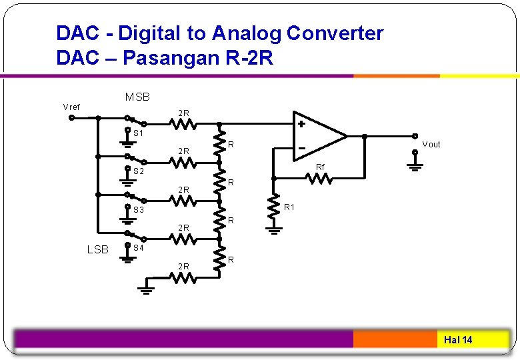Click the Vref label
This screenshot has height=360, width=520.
tap(71, 107)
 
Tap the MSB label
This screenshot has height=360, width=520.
tap(137, 97)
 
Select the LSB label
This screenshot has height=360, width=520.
tap(97, 249)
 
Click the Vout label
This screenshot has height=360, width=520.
tap(431, 144)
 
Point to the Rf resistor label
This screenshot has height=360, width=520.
tap(320, 167)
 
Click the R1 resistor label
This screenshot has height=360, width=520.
tap(290, 207)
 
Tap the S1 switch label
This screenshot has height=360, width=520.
tap(139, 133)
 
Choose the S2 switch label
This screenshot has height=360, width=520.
tap(139, 172)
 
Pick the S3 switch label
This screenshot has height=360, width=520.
tap(139, 210)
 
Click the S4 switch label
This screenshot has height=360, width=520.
tap(139, 248)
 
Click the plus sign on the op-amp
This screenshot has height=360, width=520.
tap(301, 124)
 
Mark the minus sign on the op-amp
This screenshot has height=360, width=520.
tap(301, 147)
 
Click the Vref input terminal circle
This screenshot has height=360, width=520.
tap(72, 119)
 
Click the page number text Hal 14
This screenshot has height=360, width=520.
tap(458, 340)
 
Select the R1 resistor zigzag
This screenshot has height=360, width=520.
tap(273, 207)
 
